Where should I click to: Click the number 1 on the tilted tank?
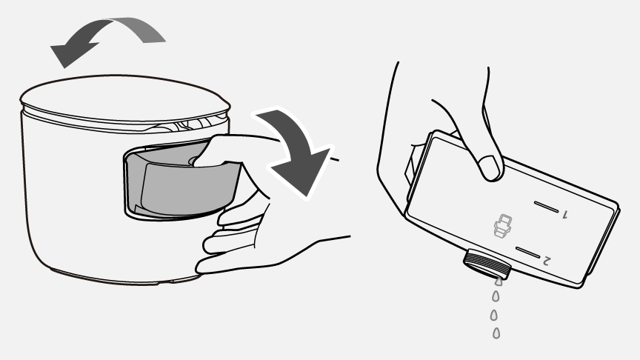point(565,214)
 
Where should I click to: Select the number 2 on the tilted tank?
point(547,260)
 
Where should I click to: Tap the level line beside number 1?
point(547,207)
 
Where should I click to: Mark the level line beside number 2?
point(527,253)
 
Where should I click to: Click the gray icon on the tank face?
point(502,226)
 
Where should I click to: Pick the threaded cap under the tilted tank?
point(487,265)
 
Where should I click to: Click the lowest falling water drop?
point(496,333)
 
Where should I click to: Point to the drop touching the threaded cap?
point(499,281)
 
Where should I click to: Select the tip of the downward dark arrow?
point(307,196)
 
